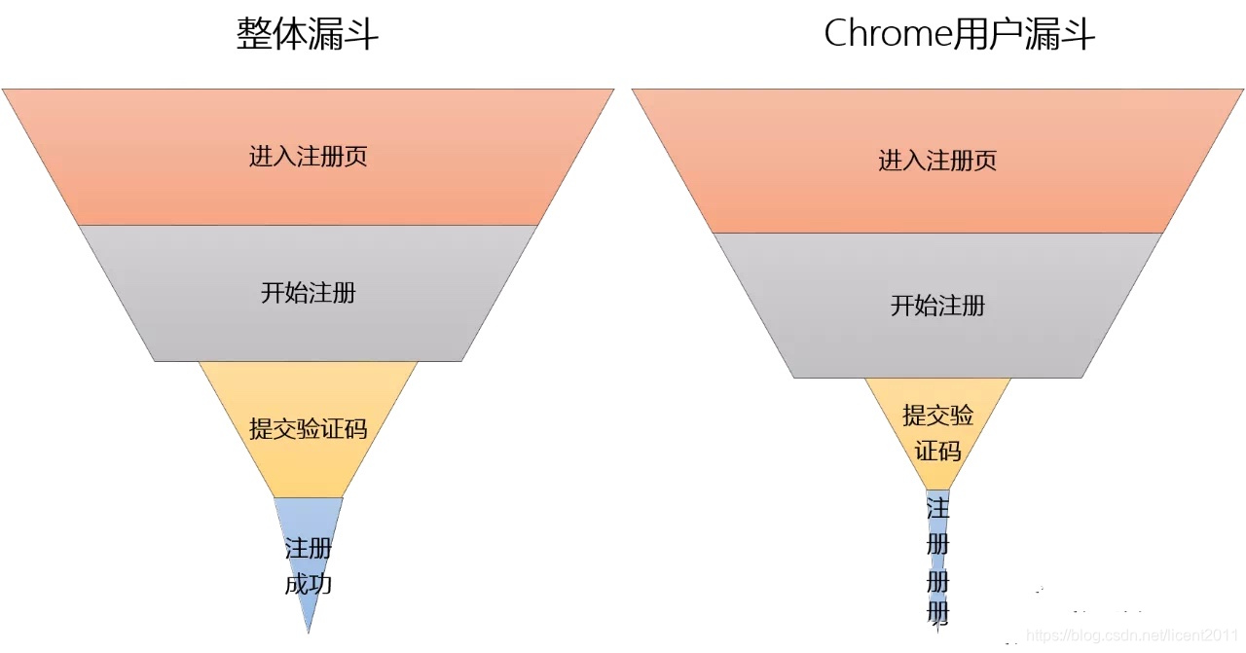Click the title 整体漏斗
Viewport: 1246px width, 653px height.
click(308, 35)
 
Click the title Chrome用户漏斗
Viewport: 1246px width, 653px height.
click(959, 35)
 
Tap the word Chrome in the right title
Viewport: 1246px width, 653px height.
click(887, 35)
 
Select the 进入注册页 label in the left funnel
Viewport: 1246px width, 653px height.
click(308, 157)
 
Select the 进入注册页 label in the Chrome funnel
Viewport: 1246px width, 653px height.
click(937, 161)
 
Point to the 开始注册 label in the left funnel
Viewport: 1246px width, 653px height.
click(308, 292)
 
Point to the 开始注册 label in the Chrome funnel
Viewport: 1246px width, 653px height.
click(937, 306)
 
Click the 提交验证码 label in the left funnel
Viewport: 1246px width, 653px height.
click(308, 428)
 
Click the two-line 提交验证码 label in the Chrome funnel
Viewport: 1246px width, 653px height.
click(937, 433)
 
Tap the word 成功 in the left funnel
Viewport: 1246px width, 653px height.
click(309, 584)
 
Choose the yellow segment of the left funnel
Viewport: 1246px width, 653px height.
click(308, 467)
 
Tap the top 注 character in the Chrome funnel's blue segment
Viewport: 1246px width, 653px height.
click(937, 508)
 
